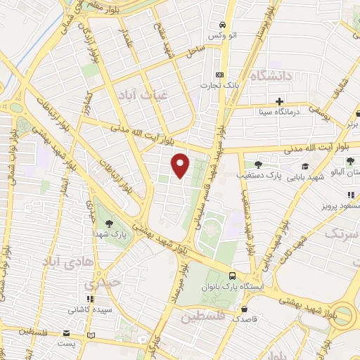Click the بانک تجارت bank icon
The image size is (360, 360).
[x=220, y=75]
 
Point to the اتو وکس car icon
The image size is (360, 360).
[x=222, y=22]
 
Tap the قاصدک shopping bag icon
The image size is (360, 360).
[x=244, y=309]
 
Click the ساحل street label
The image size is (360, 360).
[x=194, y=50]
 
